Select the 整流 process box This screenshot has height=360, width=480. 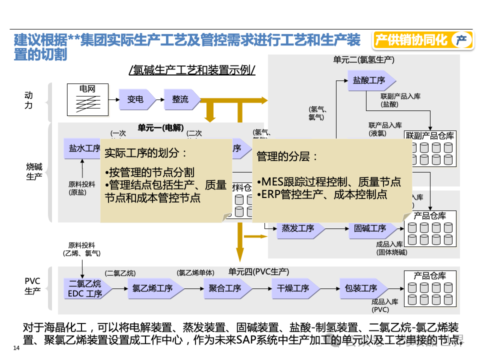pyautogui.click(x=180, y=99)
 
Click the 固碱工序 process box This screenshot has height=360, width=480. pyautogui.click(x=370, y=228)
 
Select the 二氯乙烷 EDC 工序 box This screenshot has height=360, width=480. pyautogui.click(x=84, y=289)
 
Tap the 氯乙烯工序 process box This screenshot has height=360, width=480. pyautogui.click(x=152, y=288)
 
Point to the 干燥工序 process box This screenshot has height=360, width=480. pyautogui.click(x=293, y=288)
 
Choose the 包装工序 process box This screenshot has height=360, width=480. pyautogui.click(x=361, y=288)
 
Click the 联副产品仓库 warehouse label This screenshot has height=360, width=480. pyautogui.click(x=429, y=135)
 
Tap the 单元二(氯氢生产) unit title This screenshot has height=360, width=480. pyautogui.click(x=363, y=60)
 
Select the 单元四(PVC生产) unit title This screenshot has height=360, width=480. pyautogui.click(x=258, y=271)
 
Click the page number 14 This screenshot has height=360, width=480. pyautogui.click(x=15, y=348)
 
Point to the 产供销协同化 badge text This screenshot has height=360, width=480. pyautogui.click(x=411, y=40)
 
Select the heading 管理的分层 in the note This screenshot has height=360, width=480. pyautogui.click(x=287, y=156)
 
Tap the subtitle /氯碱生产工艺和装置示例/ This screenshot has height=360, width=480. pyautogui.click(x=192, y=70)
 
